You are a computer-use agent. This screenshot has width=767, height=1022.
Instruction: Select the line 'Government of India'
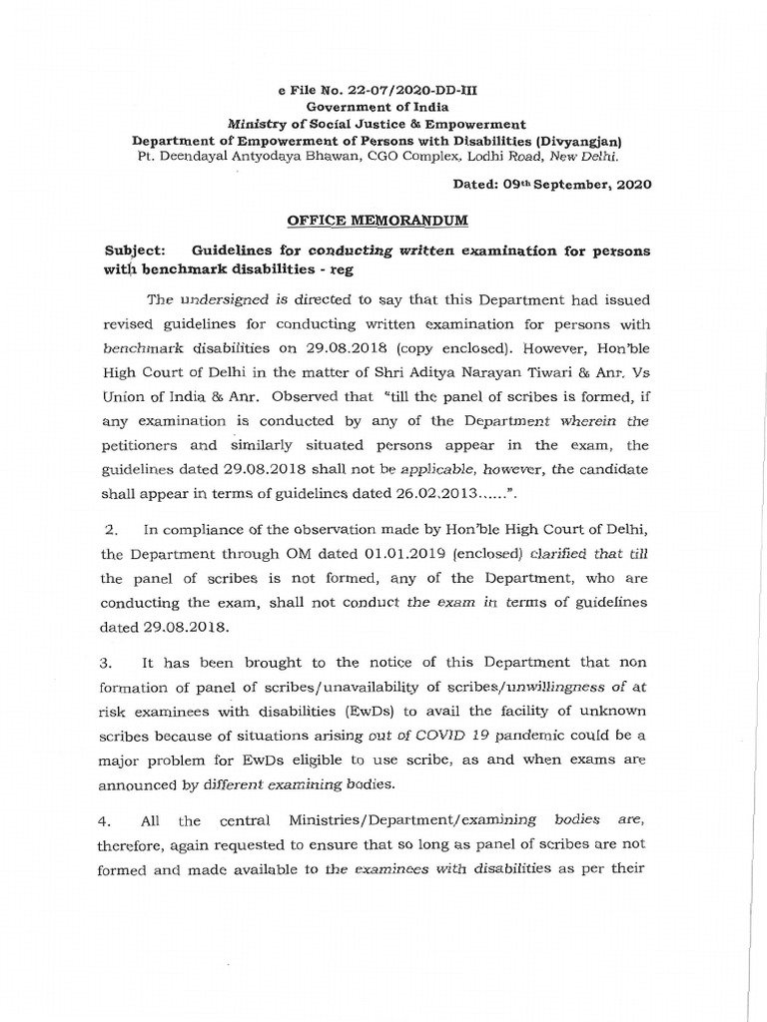pyautogui.click(x=377, y=107)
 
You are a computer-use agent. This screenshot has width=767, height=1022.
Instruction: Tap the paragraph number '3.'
pyautogui.click(x=113, y=664)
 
